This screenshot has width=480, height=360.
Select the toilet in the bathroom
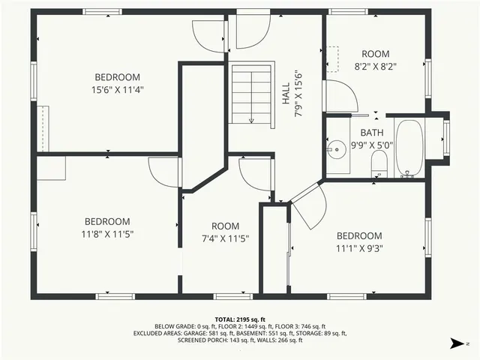[x=379, y=163]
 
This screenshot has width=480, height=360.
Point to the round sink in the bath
[x=337, y=147]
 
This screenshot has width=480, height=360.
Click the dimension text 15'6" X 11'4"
[x=118, y=90]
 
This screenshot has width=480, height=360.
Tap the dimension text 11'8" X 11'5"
[x=107, y=234]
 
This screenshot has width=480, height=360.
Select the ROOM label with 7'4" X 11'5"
[x=225, y=226]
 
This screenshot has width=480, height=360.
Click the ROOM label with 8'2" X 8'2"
[x=376, y=54]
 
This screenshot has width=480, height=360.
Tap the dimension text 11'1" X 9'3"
[x=358, y=249]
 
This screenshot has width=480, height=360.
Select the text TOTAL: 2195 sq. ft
[x=240, y=319]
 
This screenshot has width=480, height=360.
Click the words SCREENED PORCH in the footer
[x=203, y=340]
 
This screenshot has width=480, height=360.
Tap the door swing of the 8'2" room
[x=339, y=95]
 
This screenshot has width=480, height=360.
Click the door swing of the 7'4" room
[x=253, y=174]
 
